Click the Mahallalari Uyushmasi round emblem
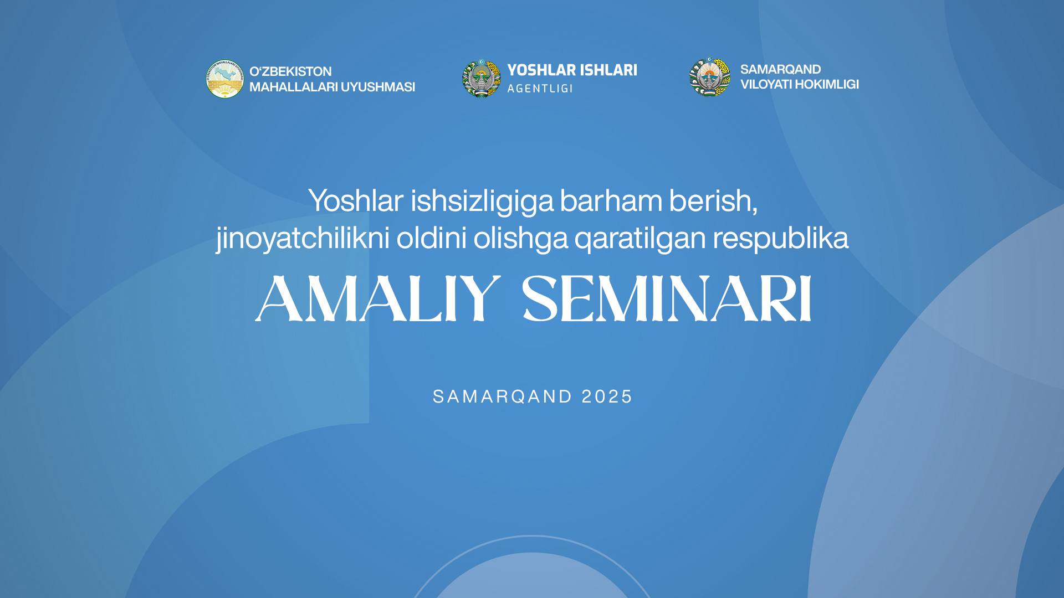pos(224,79)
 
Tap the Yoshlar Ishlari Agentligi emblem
pos(481,79)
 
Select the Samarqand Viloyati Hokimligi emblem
pos(710,77)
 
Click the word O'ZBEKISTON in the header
pos(290,71)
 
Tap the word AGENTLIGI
pos(540,89)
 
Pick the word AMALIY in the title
pos(378,299)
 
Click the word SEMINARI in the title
pos(668,299)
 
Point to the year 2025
pos(607,396)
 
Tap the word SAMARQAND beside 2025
pos(502,396)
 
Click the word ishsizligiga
pos(482,202)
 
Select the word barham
pos(611,200)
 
